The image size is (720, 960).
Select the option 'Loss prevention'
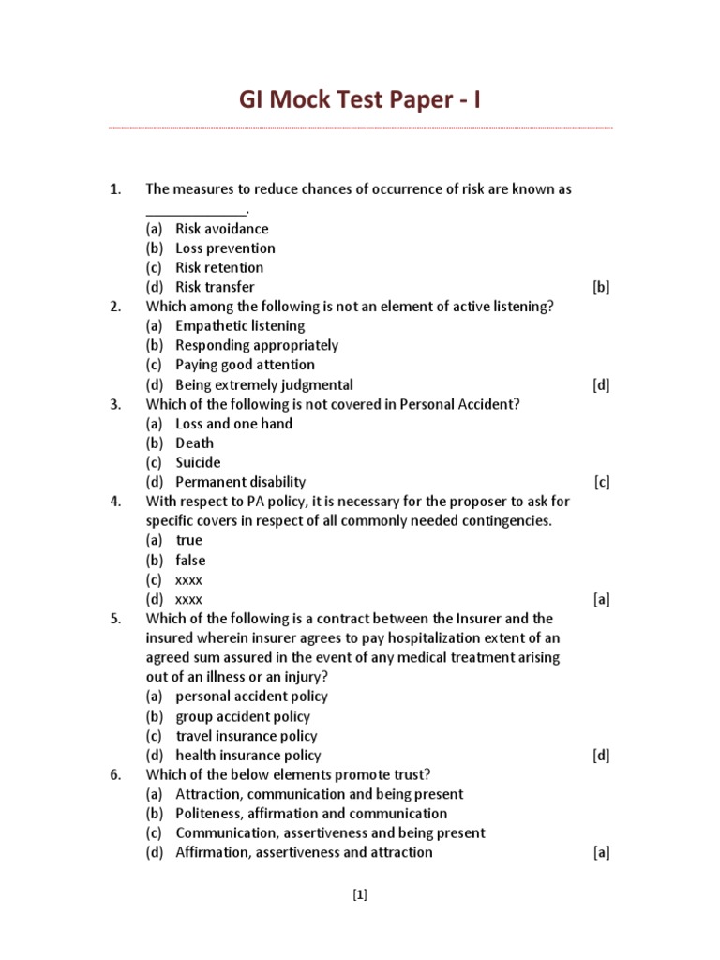pyautogui.click(x=225, y=248)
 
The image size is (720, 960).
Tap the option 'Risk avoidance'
pyautogui.click(x=221, y=229)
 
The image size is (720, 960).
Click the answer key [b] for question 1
pyautogui.click(x=601, y=288)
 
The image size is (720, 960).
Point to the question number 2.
pyautogui.click(x=115, y=307)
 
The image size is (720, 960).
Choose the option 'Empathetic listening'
pyautogui.click(x=240, y=326)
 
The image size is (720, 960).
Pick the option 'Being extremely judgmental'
pyautogui.click(x=263, y=384)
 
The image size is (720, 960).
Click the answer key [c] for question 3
pyautogui.click(x=601, y=483)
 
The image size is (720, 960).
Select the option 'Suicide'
pyautogui.click(x=198, y=462)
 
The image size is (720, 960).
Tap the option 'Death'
pyautogui.click(x=194, y=443)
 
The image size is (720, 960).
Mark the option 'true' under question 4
pyautogui.click(x=188, y=540)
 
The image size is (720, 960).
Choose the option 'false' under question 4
pyautogui.click(x=190, y=561)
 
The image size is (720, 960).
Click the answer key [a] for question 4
pyautogui.click(x=601, y=600)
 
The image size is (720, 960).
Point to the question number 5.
pyautogui.click(x=115, y=619)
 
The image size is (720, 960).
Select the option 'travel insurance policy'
pyautogui.click(x=247, y=736)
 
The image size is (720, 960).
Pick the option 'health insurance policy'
pyautogui.click(x=247, y=756)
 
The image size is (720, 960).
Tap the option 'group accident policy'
pyautogui.click(x=243, y=717)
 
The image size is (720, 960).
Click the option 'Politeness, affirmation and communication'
pyautogui.click(x=311, y=814)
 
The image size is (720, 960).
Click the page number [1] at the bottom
pyautogui.click(x=360, y=894)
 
